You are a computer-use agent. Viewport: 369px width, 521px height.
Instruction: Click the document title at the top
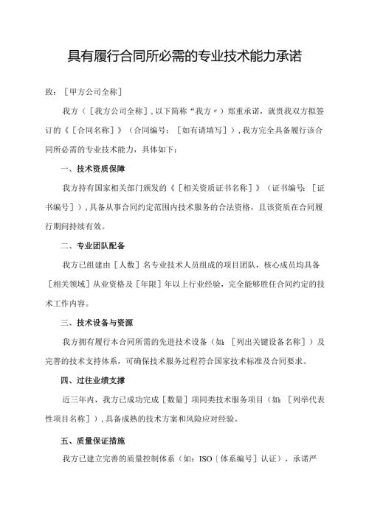pyautogui.click(x=184, y=56)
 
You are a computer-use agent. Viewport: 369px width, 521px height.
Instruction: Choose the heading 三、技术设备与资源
pyautogui.click(x=100, y=323)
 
